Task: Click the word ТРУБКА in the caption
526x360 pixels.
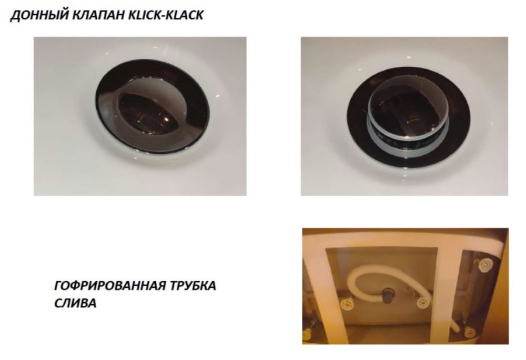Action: click(193, 286)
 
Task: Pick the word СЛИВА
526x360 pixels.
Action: click(75, 303)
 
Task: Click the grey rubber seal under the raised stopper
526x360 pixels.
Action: click(408, 143)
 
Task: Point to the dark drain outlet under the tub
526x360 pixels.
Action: click(389, 295)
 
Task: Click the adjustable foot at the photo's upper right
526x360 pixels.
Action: click(485, 265)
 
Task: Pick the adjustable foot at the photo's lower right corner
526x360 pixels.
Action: click(470, 332)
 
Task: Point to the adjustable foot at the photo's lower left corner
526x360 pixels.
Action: click(306, 335)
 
